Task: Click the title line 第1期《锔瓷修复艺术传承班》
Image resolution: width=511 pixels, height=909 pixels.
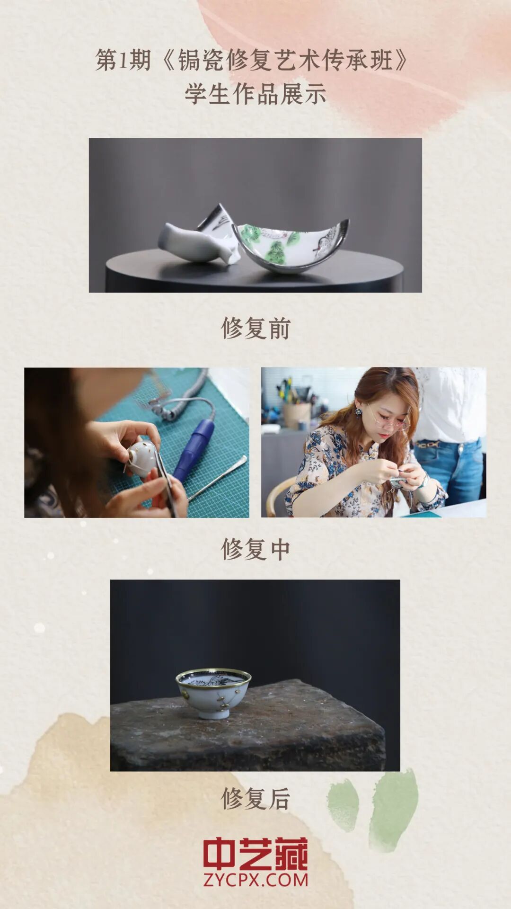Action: click(252, 61)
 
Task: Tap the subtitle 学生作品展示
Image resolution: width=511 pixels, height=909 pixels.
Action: click(255, 94)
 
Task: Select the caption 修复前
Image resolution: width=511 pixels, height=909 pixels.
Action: click(255, 328)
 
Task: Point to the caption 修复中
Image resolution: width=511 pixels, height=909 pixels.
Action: click(255, 550)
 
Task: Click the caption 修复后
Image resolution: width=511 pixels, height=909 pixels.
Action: click(255, 799)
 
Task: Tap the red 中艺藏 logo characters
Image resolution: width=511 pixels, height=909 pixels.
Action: click(255, 854)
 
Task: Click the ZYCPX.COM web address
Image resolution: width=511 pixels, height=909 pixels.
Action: click(255, 880)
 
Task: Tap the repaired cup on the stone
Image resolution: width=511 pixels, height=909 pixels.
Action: click(213, 694)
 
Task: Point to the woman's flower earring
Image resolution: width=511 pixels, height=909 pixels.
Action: click(359, 412)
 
